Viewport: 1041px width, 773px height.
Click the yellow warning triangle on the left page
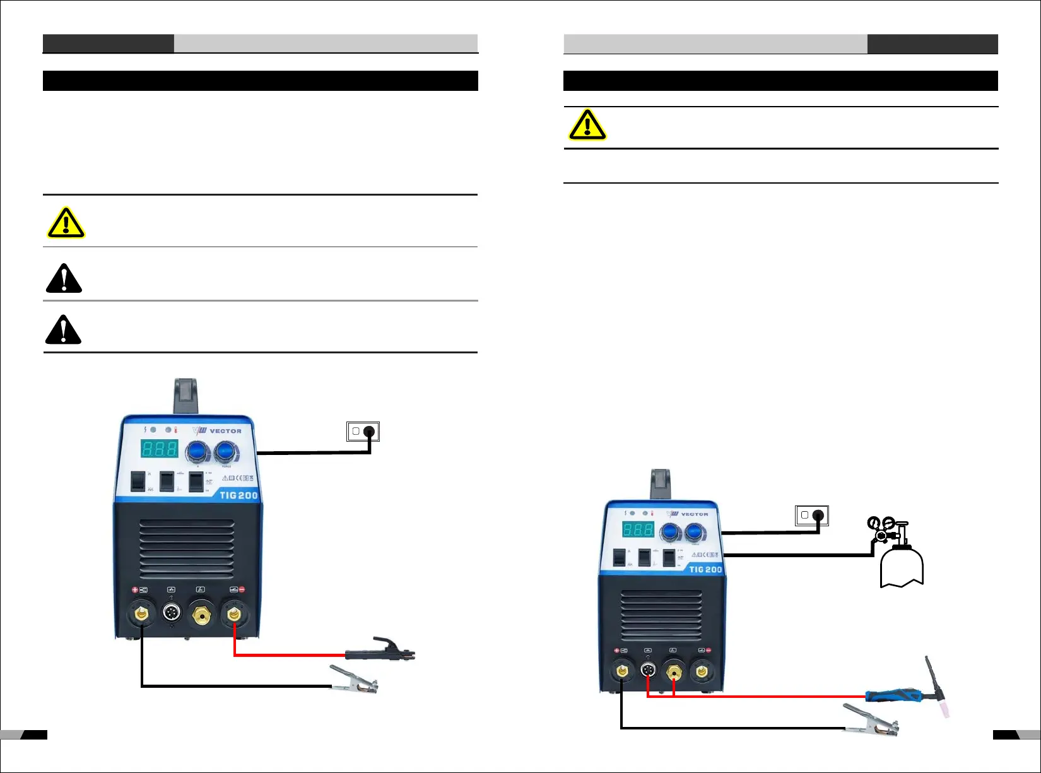tap(66, 223)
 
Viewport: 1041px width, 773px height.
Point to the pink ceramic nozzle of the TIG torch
tap(944, 709)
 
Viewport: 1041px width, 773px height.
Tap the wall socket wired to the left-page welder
tap(363, 432)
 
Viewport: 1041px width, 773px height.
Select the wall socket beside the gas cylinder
tap(811, 516)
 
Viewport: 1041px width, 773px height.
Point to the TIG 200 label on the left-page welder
tap(238, 495)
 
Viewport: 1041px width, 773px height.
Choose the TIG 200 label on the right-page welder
tap(705, 569)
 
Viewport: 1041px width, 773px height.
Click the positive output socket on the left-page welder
tap(141, 613)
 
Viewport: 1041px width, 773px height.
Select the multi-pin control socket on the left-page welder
tap(171, 613)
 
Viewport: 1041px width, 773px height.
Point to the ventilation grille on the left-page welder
tap(187, 547)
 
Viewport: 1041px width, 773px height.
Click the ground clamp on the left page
tap(354, 680)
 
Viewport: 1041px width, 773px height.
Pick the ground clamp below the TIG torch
tap(871, 721)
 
